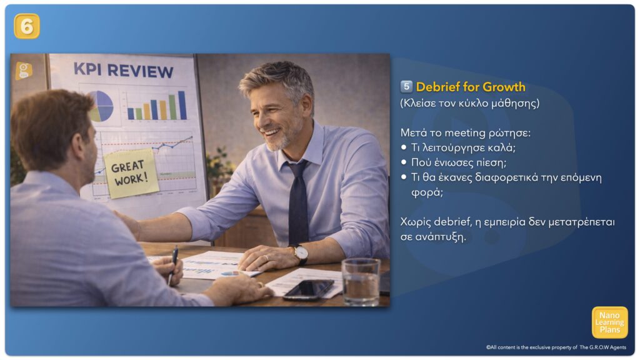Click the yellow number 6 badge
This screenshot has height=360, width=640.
27,26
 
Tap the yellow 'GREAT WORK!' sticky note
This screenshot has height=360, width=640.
130,173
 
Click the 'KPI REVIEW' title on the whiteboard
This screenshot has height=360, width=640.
124,71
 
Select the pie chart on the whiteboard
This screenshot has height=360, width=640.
101,106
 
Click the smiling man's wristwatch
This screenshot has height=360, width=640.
301,254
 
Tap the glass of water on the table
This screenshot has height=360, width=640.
361,282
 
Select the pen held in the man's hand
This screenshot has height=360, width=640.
173,265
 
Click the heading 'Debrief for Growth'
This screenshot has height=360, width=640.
471,87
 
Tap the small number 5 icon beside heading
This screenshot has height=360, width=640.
406,86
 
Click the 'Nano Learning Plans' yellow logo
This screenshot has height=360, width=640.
609,322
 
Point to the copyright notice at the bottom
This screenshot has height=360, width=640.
556,347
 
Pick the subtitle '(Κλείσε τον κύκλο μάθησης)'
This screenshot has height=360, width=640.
470,103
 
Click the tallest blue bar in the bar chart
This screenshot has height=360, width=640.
182,105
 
